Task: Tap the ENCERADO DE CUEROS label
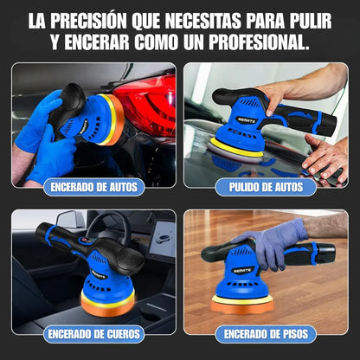[x=93, y=331]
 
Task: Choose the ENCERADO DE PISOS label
[x=266, y=331]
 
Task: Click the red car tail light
[x=147, y=108]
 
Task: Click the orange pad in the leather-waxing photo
[x=108, y=303]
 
